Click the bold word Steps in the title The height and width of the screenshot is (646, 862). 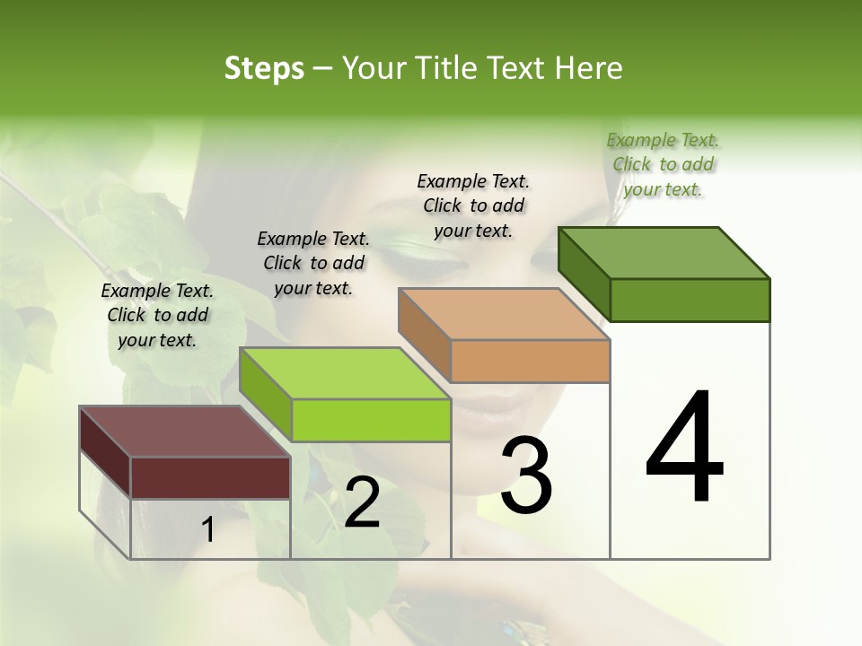263,68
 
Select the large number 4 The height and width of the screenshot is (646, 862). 684,448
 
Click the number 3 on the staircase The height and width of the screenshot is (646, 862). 526,475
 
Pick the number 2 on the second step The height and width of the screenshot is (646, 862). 362,502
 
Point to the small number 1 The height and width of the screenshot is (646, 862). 208,530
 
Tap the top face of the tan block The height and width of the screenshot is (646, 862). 504,313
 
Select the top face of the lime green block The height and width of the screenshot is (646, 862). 345,373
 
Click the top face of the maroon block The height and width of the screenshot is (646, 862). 184,432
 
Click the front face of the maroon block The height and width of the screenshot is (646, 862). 210,477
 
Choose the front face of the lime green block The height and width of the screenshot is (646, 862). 371,420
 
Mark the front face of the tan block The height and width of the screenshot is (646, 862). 530,361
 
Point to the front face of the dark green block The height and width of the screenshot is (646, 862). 690,300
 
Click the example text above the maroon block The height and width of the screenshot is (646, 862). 157,315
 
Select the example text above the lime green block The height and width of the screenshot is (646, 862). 313,263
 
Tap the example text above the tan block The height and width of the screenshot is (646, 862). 473,205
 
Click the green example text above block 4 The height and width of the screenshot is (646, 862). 663,164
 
